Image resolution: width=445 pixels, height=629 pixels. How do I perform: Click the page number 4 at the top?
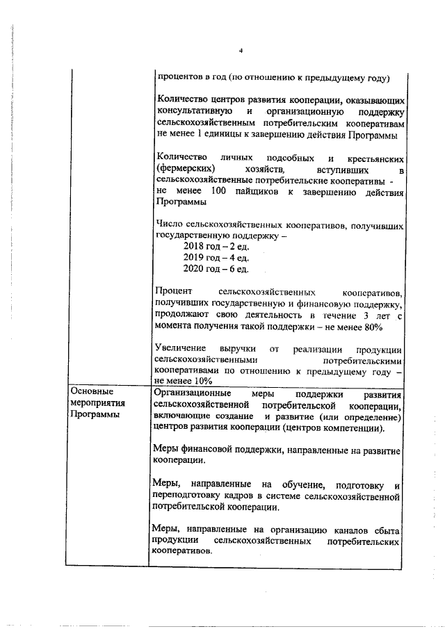click(240, 51)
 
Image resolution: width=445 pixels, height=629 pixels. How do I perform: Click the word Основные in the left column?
click(92, 393)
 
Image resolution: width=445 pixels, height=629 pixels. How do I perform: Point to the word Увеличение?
click(179, 348)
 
